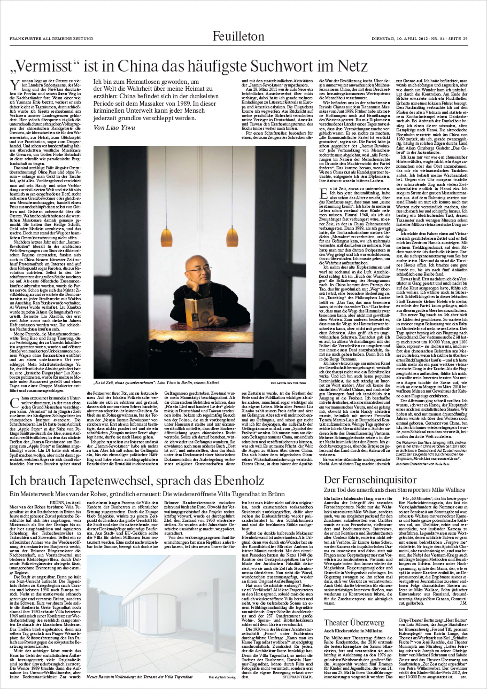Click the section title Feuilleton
click(238, 36)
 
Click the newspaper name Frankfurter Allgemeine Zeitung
click(51, 39)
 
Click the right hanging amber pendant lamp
click(232, 236)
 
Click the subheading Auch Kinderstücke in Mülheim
click(353, 631)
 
